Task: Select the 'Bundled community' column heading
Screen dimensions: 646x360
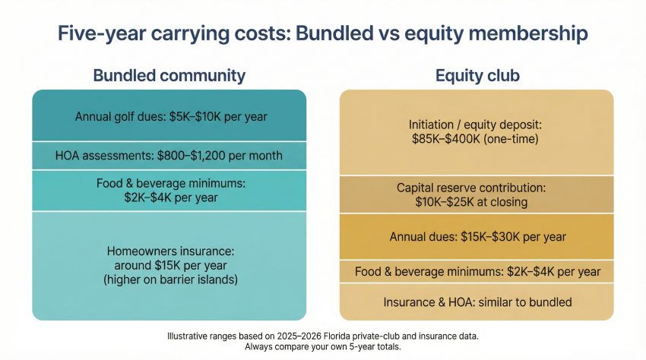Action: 169,76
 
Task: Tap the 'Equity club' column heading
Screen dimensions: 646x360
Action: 477,76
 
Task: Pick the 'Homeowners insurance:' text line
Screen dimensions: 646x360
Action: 170,251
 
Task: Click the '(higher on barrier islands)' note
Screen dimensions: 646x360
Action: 170,279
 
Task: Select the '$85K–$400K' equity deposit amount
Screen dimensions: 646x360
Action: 446,139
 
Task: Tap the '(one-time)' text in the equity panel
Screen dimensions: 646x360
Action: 511,139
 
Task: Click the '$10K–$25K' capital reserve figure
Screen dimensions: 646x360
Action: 442,202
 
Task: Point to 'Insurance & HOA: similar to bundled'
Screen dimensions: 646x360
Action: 477,302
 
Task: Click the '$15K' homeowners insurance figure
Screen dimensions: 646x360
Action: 168,265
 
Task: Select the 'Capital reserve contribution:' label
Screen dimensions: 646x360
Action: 471,188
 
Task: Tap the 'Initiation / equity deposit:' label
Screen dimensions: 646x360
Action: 475,125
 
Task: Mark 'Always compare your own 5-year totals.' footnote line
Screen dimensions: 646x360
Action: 322,347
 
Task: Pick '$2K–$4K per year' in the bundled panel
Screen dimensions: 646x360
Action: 171,197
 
